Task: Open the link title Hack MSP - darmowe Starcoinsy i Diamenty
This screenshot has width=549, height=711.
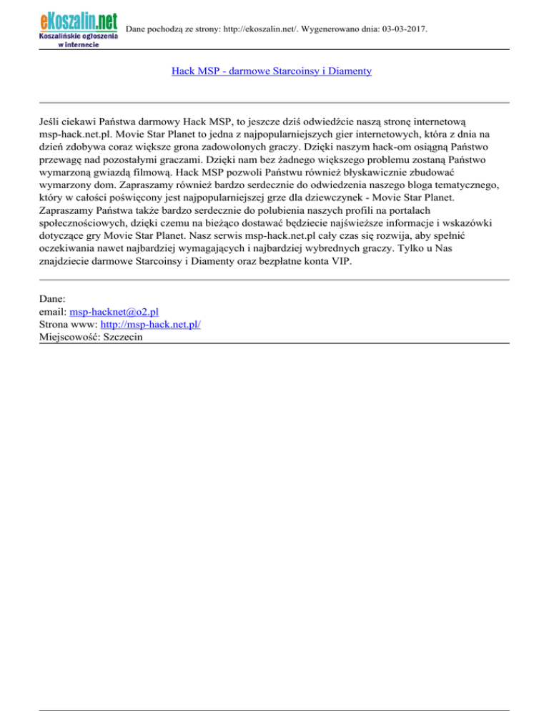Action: pos(272,72)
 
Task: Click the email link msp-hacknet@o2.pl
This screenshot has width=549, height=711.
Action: pos(114,312)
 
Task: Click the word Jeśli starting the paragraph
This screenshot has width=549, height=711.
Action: pos(51,113)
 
